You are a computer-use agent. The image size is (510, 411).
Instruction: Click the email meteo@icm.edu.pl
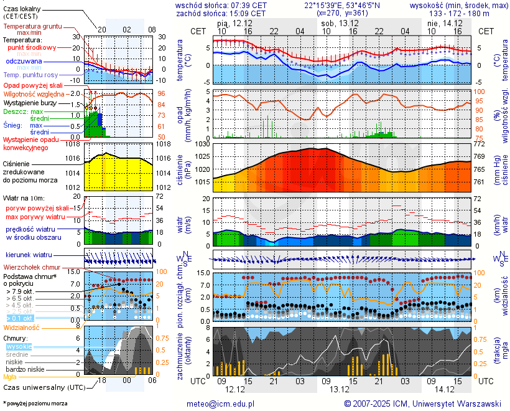pos(221,404)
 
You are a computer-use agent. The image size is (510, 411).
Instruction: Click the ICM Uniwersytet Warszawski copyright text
pos(422,404)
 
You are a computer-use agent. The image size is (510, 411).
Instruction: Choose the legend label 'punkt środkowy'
pos(30,47)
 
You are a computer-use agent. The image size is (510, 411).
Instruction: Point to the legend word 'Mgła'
pos(10,377)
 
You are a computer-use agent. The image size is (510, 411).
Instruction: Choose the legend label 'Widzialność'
pos(22,327)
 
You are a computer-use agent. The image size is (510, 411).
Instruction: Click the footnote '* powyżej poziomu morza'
pos(35,404)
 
